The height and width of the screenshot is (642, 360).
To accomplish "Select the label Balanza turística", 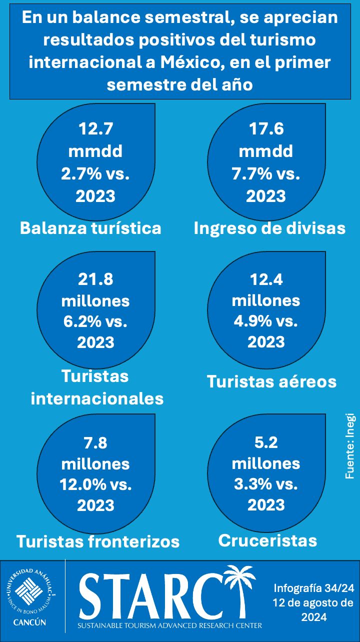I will click(x=90, y=228).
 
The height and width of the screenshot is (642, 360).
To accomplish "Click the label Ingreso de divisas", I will click(x=269, y=228).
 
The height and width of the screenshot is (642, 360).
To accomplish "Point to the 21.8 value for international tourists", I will click(x=95, y=279).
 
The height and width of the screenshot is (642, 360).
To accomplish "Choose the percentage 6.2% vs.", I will click(x=95, y=321).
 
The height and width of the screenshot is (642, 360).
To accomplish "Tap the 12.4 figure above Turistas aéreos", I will click(x=266, y=279).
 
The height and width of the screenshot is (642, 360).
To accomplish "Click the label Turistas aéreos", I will click(x=271, y=381).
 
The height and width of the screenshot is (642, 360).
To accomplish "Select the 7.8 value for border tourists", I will click(x=95, y=442).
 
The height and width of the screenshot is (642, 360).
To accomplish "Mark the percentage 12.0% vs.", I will click(x=95, y=484).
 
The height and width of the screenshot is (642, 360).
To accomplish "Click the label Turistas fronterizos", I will click(x=98, y=541).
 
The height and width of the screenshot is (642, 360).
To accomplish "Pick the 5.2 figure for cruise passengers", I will click(x=266, y=442).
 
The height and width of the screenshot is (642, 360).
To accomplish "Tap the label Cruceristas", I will click(x=267, y=540).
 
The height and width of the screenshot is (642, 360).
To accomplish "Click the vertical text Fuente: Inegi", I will click(x=349, y=446).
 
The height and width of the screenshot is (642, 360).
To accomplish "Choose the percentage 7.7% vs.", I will click(x=266, y=173).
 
